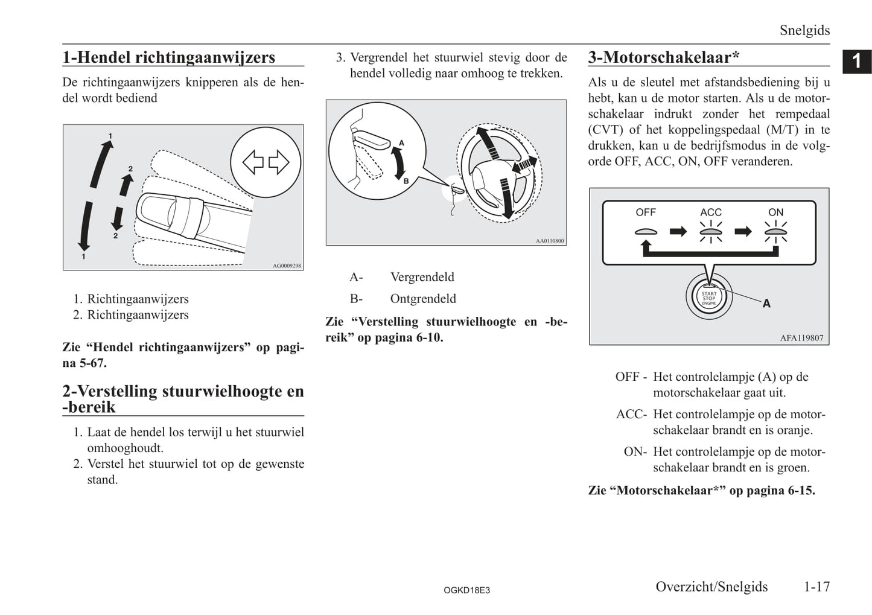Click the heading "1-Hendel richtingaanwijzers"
[x=169, y=57]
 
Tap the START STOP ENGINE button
[x=708, y=298]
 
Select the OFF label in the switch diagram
[x=645, y=212]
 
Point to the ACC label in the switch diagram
[x=710, y=212]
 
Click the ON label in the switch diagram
[x=775, y=212]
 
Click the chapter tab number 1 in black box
[x=856, y=62]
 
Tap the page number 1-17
[x=816, y=587]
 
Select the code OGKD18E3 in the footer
[x=466, y=590]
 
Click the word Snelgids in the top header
[x=804, y=30]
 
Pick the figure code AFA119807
[x=801, y=338]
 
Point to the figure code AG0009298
[x=287, y=266]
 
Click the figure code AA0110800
[x=550, y=241]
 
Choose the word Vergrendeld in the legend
[x=422, y=277]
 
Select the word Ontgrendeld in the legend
[x=423, y=299]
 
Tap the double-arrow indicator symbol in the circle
[x=266, y=162]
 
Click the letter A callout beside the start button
[x=766, y=304]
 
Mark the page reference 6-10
[x=429, y=337]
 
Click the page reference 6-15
[x=801, y=491]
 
